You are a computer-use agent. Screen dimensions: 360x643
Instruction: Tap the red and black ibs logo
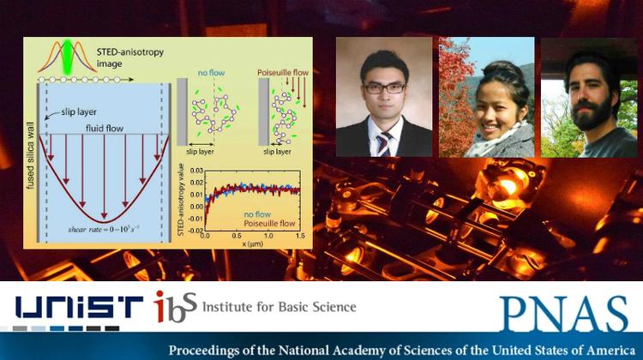coord(174,305)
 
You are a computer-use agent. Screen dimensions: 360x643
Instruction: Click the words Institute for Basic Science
coord(278,306)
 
